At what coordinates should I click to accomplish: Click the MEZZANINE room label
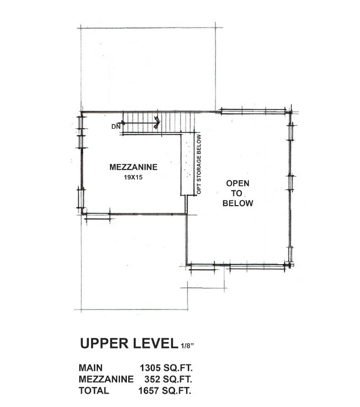[133, 167]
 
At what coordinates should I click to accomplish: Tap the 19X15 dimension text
[133, 177]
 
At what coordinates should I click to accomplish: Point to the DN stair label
[116, 126]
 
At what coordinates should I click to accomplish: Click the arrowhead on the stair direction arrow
[157, 122]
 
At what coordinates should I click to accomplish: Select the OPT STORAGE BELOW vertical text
[199, 164]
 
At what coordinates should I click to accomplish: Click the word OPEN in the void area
[238, 183]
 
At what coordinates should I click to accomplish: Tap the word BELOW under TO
[238, 203]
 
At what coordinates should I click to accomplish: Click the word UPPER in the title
[104, 343]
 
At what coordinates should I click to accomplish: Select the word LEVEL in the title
[155, 343]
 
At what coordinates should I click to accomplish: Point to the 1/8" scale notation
[187, 346]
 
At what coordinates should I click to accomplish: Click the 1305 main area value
[150, 368]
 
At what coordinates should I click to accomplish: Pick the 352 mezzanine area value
[152, 379]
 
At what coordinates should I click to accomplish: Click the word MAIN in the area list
[91, 368]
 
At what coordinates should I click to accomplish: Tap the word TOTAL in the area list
[94, 391]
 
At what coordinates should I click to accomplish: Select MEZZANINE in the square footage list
[106, 379]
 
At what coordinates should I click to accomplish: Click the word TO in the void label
[237, 193]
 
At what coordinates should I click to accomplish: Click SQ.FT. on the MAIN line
[178, 368]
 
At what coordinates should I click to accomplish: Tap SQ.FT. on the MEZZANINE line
[177, 379]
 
